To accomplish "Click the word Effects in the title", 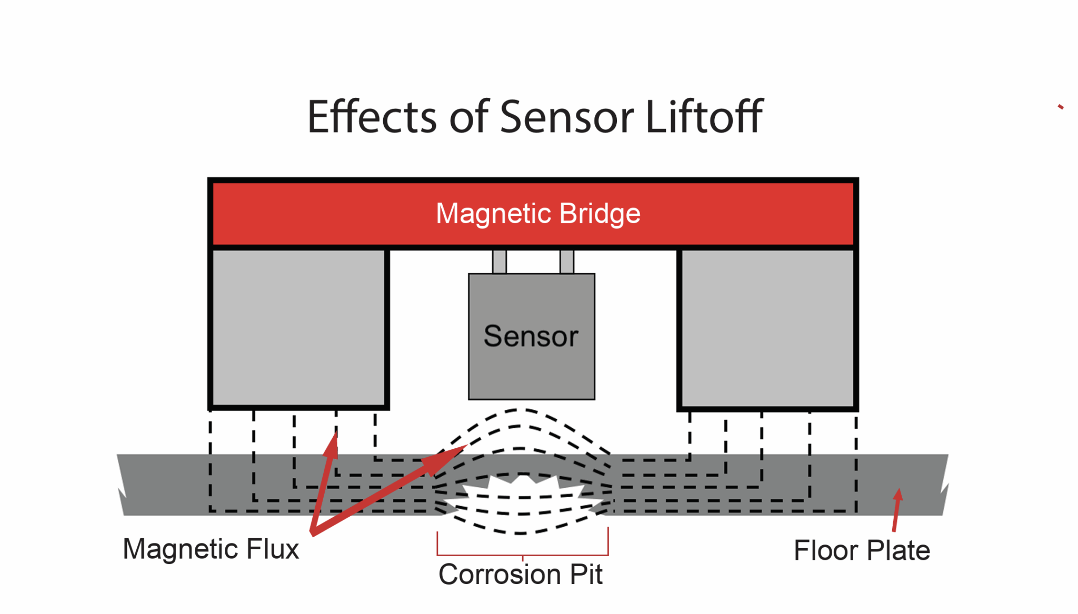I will (372, 117).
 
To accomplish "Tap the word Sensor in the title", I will (566, 117).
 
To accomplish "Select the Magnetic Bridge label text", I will (538, 214).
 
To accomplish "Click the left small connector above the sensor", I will (500, 261).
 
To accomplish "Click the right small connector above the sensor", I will (567, 261).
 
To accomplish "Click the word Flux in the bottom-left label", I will (273, 549).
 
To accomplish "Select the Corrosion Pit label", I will (520, 575).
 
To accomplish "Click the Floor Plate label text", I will (862, 551).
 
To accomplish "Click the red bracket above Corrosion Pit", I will (523, 554).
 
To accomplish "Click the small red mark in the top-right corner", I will (1061, 107).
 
